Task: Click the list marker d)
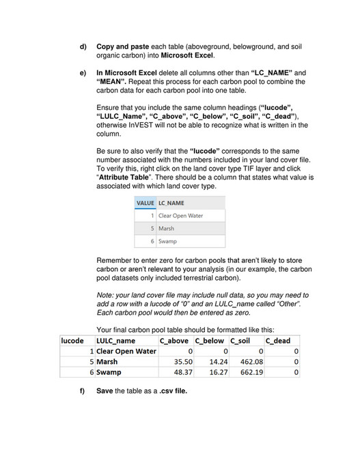(x=83, y=46)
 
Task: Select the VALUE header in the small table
(x=145, y=203)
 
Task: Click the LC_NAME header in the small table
(x=171, y=203)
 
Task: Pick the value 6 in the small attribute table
(x=152, y=241)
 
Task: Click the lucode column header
(x=73, y=341)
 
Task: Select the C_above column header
(x=173, y=341)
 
